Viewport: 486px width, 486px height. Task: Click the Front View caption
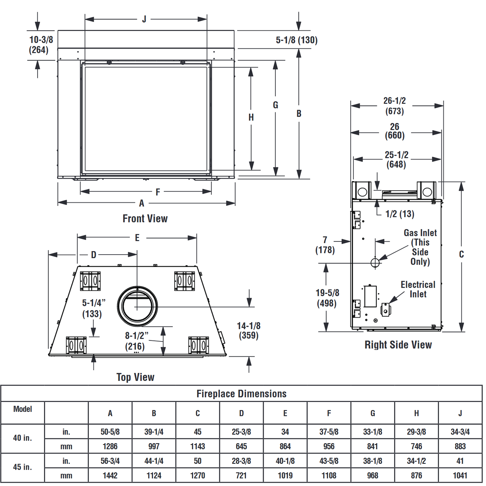(145, 218)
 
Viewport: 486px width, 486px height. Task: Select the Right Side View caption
(398, 345)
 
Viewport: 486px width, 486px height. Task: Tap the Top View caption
(135, 377)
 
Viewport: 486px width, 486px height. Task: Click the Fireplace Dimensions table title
(241, 394)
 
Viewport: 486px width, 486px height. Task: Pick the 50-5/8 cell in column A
(110, 432)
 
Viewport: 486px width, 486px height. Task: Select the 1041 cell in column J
(460, 475)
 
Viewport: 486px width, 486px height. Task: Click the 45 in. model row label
(22, 467)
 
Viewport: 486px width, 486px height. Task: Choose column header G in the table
(373, 413)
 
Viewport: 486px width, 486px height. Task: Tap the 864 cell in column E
(285, 446)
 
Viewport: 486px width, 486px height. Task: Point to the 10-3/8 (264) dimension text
(41, 45)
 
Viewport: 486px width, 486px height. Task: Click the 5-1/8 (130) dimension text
(296, 40)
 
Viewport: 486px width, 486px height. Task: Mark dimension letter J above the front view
(144, 19)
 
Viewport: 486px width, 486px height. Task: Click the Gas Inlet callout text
(420, 247)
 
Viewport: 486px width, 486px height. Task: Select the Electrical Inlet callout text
(418, 289)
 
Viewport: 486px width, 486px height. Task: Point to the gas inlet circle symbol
(375, 262)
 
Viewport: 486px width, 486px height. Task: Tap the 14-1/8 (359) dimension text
(248, 330)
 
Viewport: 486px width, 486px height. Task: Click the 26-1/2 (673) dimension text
(394, 106)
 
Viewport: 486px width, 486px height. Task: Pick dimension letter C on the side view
(461, 254)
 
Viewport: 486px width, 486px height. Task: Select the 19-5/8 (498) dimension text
(327, 298)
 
